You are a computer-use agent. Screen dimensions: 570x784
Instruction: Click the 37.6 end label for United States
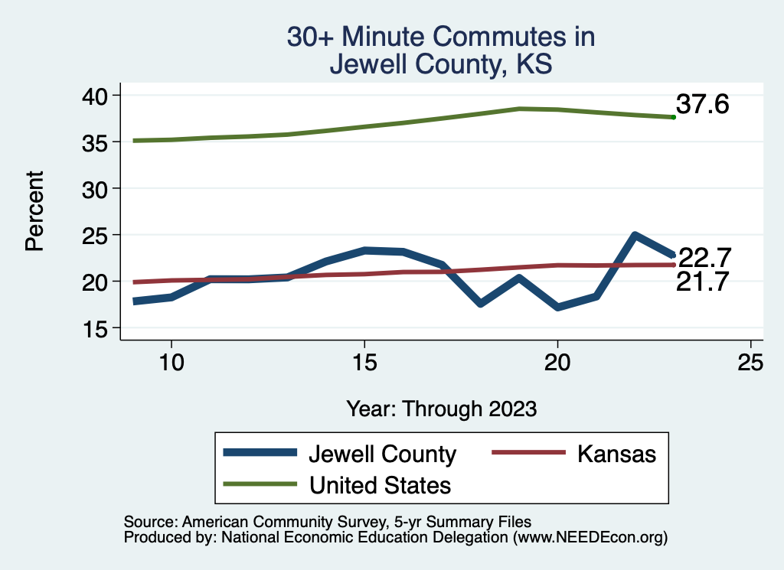pyautogui.click(x=702, y=104)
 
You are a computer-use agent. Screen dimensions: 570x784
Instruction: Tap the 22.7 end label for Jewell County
pyautogui.click(x=704, y=256)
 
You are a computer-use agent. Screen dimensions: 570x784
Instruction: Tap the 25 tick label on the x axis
pyautogui.click(x=750, y=363)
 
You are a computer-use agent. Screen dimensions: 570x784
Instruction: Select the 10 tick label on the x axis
pyautogui.click(x=171, y=363)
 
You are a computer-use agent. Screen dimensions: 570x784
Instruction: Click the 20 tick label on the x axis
pyautogui.click(x=557, y=363)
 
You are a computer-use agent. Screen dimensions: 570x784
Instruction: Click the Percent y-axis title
pyautogui.click(x=34, y=211)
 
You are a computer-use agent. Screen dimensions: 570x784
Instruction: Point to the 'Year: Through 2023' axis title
pyautogui.click(x=441, y=408)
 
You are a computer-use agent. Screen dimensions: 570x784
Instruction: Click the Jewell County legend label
pyautogui.click(x=382, y=454)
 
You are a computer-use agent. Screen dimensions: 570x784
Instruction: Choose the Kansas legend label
pyautogui.click(x=616, y=454)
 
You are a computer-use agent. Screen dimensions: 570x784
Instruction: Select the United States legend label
pyautogui.click(x=380, y=484)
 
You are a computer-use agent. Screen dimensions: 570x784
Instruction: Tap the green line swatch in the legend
pyautogui.click(x=260, y=484)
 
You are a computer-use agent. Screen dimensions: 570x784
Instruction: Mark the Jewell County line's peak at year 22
pyautogui.click(x=635, y=235)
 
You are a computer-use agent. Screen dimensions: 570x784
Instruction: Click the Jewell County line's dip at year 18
pyautogui.click(x=480, y=303)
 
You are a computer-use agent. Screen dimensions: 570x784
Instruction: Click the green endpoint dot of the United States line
pyautogui.click(x=673, y=117)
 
